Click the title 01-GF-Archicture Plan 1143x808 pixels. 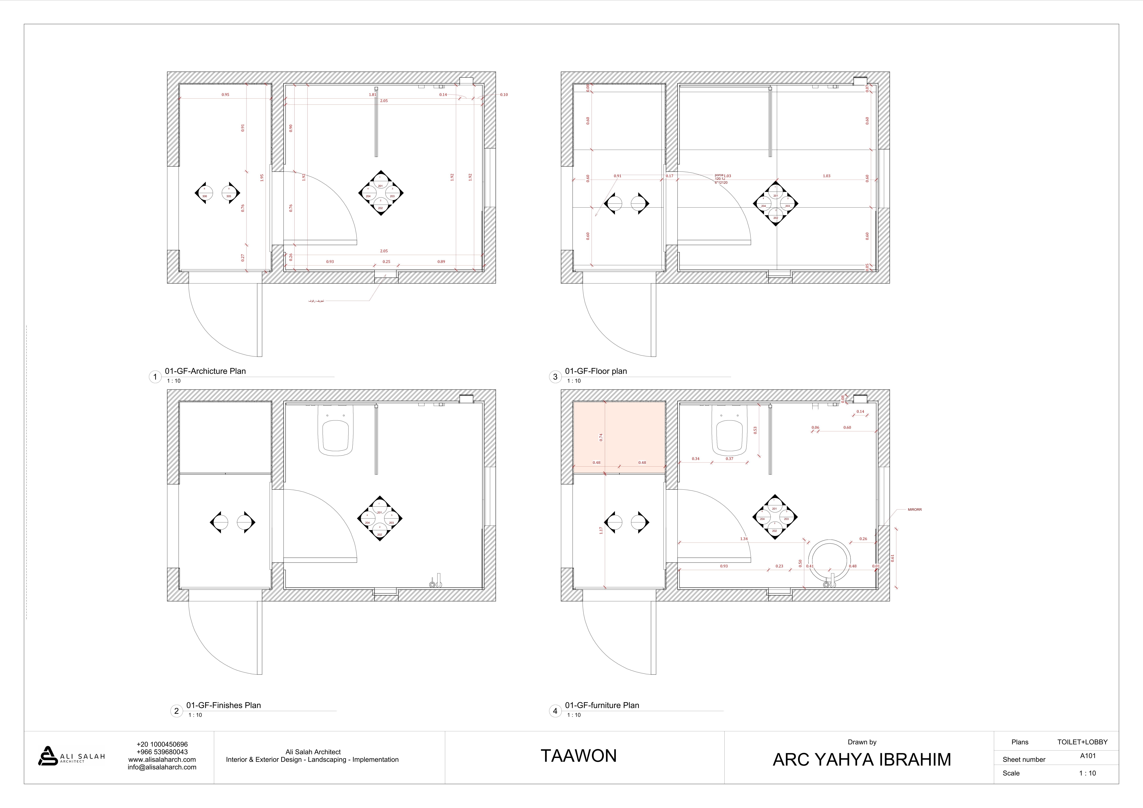click(205, 371)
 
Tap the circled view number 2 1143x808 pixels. click(176, 711)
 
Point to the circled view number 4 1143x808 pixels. click(555, 711)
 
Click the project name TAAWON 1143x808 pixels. click(578, 756)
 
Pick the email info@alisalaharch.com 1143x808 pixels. click(162, 767)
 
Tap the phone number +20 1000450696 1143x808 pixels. click(162, 744)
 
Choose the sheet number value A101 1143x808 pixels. click(1088, 756)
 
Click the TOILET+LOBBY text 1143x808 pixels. click(1082, 742)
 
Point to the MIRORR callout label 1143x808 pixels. click(915, 510)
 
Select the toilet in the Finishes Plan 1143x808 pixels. click(335, 431)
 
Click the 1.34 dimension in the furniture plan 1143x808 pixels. click(744, 539)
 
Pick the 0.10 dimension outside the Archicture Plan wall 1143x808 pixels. click(504, 95)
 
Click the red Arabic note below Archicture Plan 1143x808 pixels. click(316, 301)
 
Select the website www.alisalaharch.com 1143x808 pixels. click(162, 760)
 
